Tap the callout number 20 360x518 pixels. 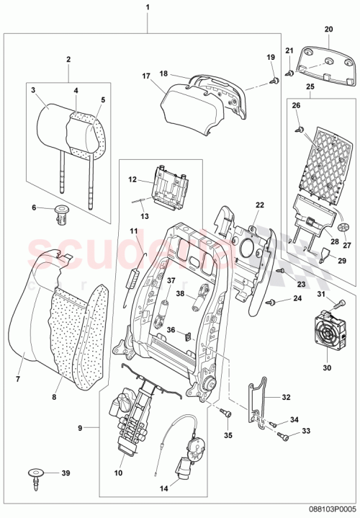(x=329, y=29)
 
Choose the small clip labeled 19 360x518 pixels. (x=274, y=81)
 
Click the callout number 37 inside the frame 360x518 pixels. (x=171, y=280)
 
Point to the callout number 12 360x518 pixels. (x=132, y=179)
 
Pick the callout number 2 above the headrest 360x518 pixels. (x=68, y=59)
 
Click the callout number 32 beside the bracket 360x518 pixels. (x=286, y=396)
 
